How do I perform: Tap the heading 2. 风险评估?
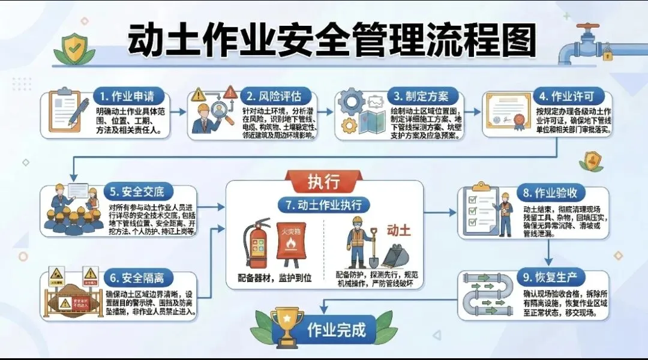click(275, 96)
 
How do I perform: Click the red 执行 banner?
click(324, 180)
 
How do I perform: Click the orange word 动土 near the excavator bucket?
click(399, 231)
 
